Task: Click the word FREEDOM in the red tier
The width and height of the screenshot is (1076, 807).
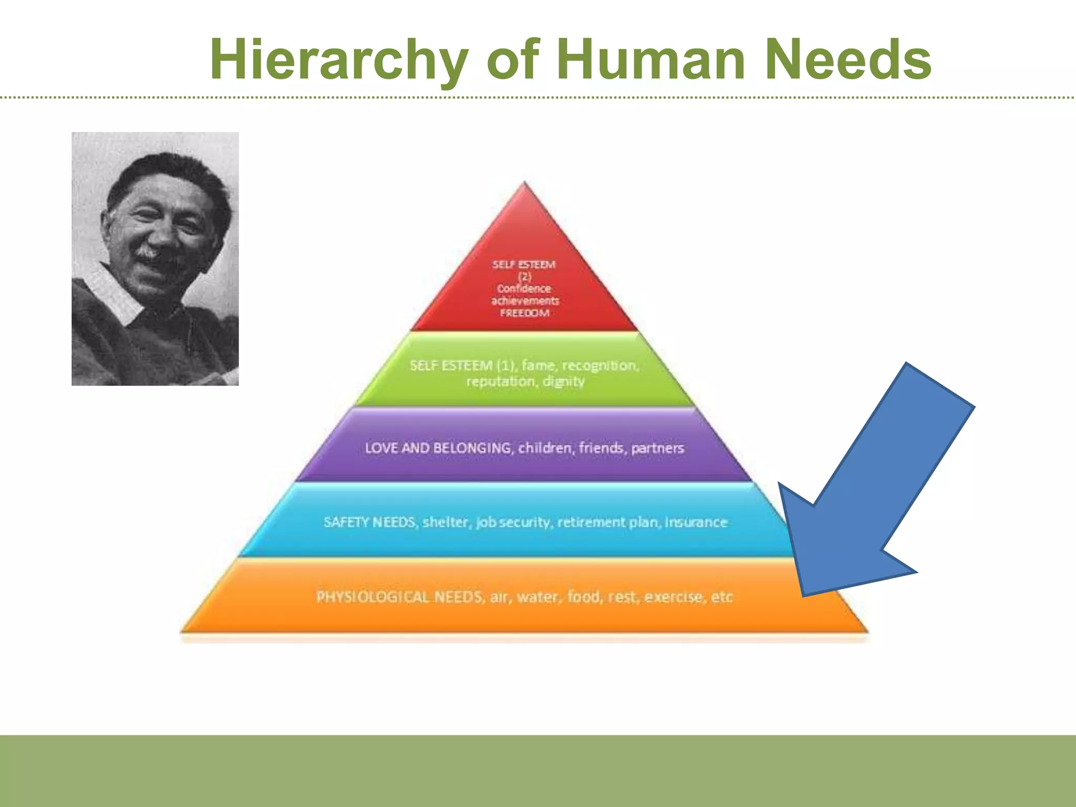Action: [524, 313]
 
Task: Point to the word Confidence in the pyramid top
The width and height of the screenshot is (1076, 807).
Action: [524, 288]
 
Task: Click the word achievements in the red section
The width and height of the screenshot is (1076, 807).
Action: [525, 301]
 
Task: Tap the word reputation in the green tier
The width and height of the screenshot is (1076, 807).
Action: [499, 381]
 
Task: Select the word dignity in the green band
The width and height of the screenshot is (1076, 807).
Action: [563, 381]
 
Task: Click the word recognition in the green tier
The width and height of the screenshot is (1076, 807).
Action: [601, 365]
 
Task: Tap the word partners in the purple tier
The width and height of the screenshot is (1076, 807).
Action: [657, 448]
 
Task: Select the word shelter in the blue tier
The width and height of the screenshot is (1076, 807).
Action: [446, 522]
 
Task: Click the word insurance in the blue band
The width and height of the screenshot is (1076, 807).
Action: [696, 522]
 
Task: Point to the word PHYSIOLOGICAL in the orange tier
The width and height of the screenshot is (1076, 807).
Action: [373, 597]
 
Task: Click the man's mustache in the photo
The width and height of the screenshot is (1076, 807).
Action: [148, 253]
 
